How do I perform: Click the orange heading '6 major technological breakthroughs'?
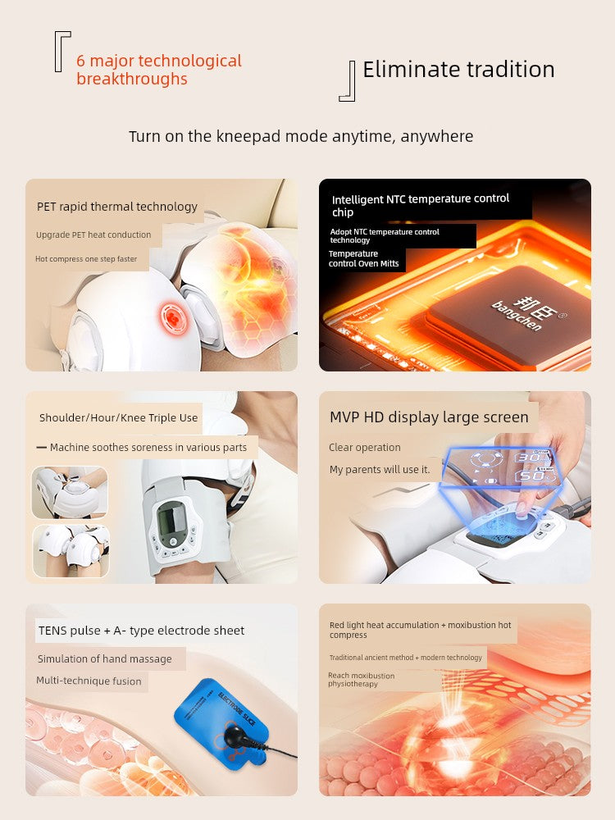pos(159,70)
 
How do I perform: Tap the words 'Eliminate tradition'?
pos(458,70)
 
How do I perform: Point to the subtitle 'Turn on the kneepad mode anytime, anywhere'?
pos(301,136)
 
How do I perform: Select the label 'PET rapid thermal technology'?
pos(117,207)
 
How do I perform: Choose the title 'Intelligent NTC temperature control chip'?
pos(421,205)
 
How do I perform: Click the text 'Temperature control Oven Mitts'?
pos(363,258)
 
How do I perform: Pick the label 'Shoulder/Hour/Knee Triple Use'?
pos(118,418)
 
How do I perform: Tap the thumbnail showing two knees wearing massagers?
pos(71,551)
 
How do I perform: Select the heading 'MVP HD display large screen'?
pos(429,417)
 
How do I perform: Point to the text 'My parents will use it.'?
pos(380,470)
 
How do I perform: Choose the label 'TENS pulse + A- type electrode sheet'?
pos(141,631)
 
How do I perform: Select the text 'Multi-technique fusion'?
pos(89,681)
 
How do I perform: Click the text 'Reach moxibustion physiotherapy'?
pos(362,679)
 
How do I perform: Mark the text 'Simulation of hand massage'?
pos(105,659)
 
